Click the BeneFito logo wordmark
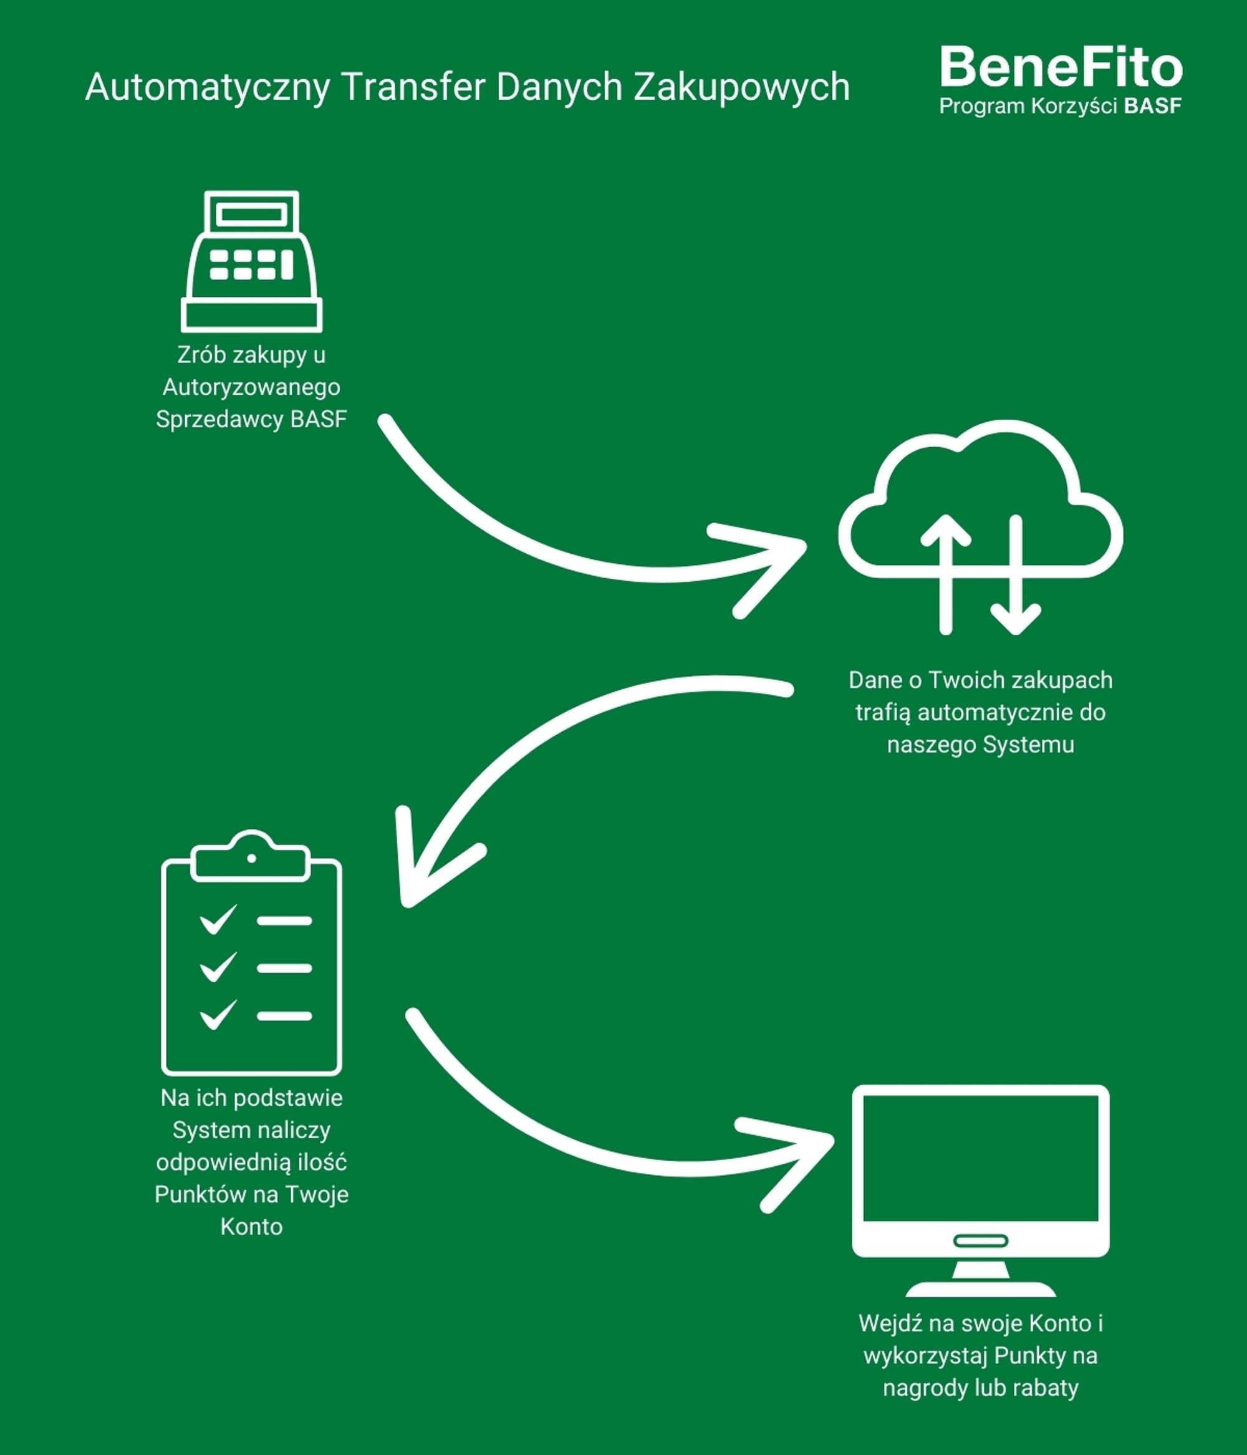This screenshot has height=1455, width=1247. tap(1060, 67)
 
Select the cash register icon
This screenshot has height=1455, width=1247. tap(251, 261)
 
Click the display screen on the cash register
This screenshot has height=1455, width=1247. tap(251, 214)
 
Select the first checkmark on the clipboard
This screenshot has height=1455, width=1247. tap(218, 919)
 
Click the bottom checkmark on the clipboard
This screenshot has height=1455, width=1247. tap(218, 1015)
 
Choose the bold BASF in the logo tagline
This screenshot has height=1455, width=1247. tap(1152, 106)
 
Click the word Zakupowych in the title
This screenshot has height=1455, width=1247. tap(741, 87)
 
